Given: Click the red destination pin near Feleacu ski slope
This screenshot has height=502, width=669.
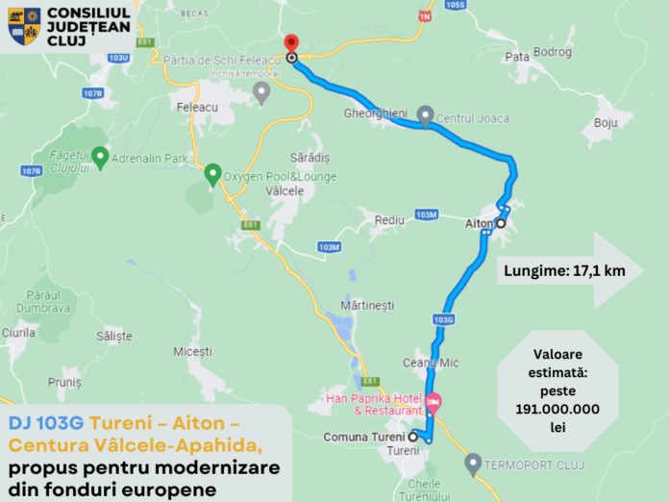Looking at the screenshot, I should (x=291, y=44).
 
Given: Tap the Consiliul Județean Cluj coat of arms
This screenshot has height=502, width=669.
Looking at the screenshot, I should (x=24, y=26).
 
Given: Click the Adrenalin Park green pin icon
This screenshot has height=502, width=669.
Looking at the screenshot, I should (x=99, y=155).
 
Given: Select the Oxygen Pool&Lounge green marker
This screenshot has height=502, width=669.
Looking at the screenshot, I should (x=212, y=175).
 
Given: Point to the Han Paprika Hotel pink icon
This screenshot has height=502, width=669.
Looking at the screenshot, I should (x=433, y=401).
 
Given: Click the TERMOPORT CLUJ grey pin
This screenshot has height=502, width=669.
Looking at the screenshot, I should (x=472, y=464).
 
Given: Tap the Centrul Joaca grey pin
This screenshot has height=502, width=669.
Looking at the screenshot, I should (x=425, y=116).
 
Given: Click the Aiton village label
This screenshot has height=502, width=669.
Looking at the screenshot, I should (x=479, y=223).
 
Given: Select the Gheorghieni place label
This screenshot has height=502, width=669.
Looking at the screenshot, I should (x=376, y=113).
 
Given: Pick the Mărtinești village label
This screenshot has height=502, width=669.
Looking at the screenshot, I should (x=367, y=305).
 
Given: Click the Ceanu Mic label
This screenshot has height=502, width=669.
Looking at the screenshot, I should (x=431, y=363).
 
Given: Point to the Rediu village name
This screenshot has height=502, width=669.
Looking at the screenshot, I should (x=389, y=220).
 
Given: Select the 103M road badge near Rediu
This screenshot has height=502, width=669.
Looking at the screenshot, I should (x=427, y=213).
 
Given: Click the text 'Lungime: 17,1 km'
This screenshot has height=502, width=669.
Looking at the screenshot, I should (x=564, y=271).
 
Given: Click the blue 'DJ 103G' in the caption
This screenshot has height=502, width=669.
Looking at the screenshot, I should (x=46, y=422).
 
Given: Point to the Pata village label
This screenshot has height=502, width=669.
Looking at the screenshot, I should (x=517, y=57).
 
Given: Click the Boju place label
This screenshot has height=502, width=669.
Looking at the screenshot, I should (x=605, y=123).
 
